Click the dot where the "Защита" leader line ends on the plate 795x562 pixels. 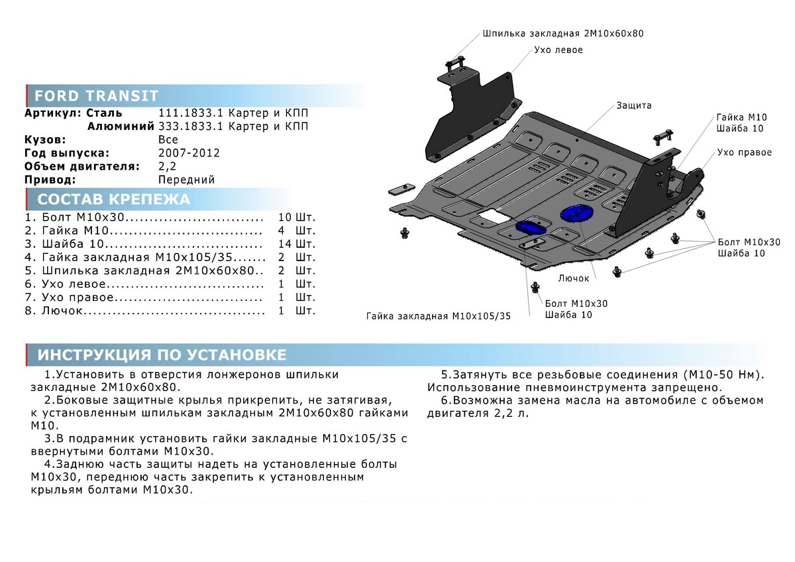(577, 140)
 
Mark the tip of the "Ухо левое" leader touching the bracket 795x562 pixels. (509, 74)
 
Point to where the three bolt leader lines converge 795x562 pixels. (715, 242)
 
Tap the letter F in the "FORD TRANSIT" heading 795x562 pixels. (38, 96)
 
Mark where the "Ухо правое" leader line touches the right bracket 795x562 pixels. (701, 170)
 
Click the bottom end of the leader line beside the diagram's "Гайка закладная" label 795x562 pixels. (530, 315)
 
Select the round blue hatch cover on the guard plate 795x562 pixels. (576, 213)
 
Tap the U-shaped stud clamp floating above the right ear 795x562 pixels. (663, 137)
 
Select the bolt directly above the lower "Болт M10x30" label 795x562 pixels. (535, 287)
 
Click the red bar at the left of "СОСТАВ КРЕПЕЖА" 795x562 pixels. (26, 199)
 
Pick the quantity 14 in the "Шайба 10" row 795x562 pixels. (285, 244)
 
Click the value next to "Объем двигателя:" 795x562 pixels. (167, 166)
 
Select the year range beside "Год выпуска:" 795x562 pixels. (189, 153)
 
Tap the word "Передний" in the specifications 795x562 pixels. (186, 180)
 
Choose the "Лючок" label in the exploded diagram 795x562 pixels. (574, 278)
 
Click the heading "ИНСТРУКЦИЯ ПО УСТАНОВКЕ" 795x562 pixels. (162, 355)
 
